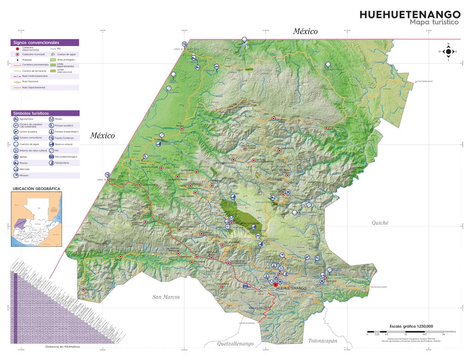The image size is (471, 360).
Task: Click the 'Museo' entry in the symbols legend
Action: [x=58, y=119]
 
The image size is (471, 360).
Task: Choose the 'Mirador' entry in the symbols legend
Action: [x=24, y=175]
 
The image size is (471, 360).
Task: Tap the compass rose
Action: [x=448, y=52]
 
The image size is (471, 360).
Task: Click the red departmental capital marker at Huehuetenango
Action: [x=275, y=285]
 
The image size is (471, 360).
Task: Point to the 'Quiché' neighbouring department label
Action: [x=380, y=223]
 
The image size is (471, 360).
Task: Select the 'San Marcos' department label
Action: [x=166, y=297]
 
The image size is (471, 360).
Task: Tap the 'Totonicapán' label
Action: [x=322, y=341]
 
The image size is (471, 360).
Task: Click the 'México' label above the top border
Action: [x=305, y=31]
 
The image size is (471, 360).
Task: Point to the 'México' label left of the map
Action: [x=102, y=135]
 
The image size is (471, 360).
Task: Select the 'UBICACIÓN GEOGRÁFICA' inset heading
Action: [x=36, y=189]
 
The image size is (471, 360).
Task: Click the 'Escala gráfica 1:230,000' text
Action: [x=411, y=325]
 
